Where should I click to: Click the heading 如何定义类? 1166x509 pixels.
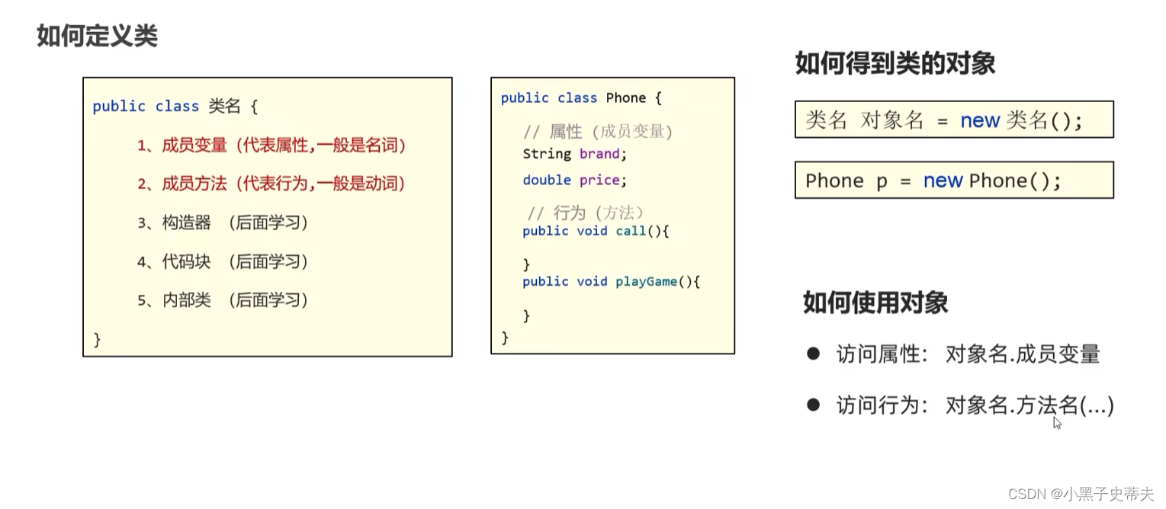(97, 36)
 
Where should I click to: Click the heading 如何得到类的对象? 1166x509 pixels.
(895, 62)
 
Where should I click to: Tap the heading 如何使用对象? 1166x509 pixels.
(875, 303)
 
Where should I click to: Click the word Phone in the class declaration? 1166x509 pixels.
(625, 98)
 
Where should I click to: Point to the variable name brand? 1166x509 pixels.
(599, 154)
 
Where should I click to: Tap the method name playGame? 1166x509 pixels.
(646, 281)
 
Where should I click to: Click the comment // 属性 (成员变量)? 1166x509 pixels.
(598, 132)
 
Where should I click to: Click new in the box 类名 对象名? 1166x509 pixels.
(980, 120)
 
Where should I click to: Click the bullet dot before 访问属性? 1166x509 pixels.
(813, 354)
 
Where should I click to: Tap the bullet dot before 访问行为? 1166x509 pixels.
(813, 405)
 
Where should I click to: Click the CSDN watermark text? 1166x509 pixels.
(1081, 494)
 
